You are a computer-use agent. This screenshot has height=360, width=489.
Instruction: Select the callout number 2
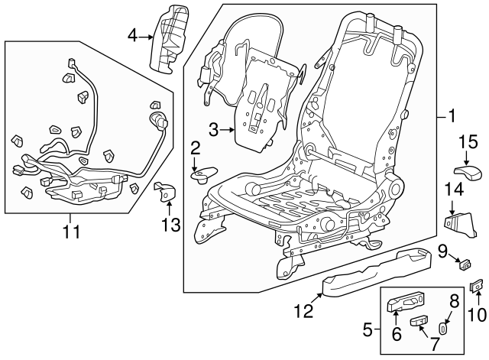tap(196, 148)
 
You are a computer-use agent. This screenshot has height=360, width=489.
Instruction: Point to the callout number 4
tap(133, 35)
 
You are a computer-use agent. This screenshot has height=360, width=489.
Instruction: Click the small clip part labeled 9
tap(463, 264)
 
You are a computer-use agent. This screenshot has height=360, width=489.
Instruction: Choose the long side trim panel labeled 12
tap(367, 271)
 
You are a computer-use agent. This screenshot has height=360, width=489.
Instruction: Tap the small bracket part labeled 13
tap(165, 190)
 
